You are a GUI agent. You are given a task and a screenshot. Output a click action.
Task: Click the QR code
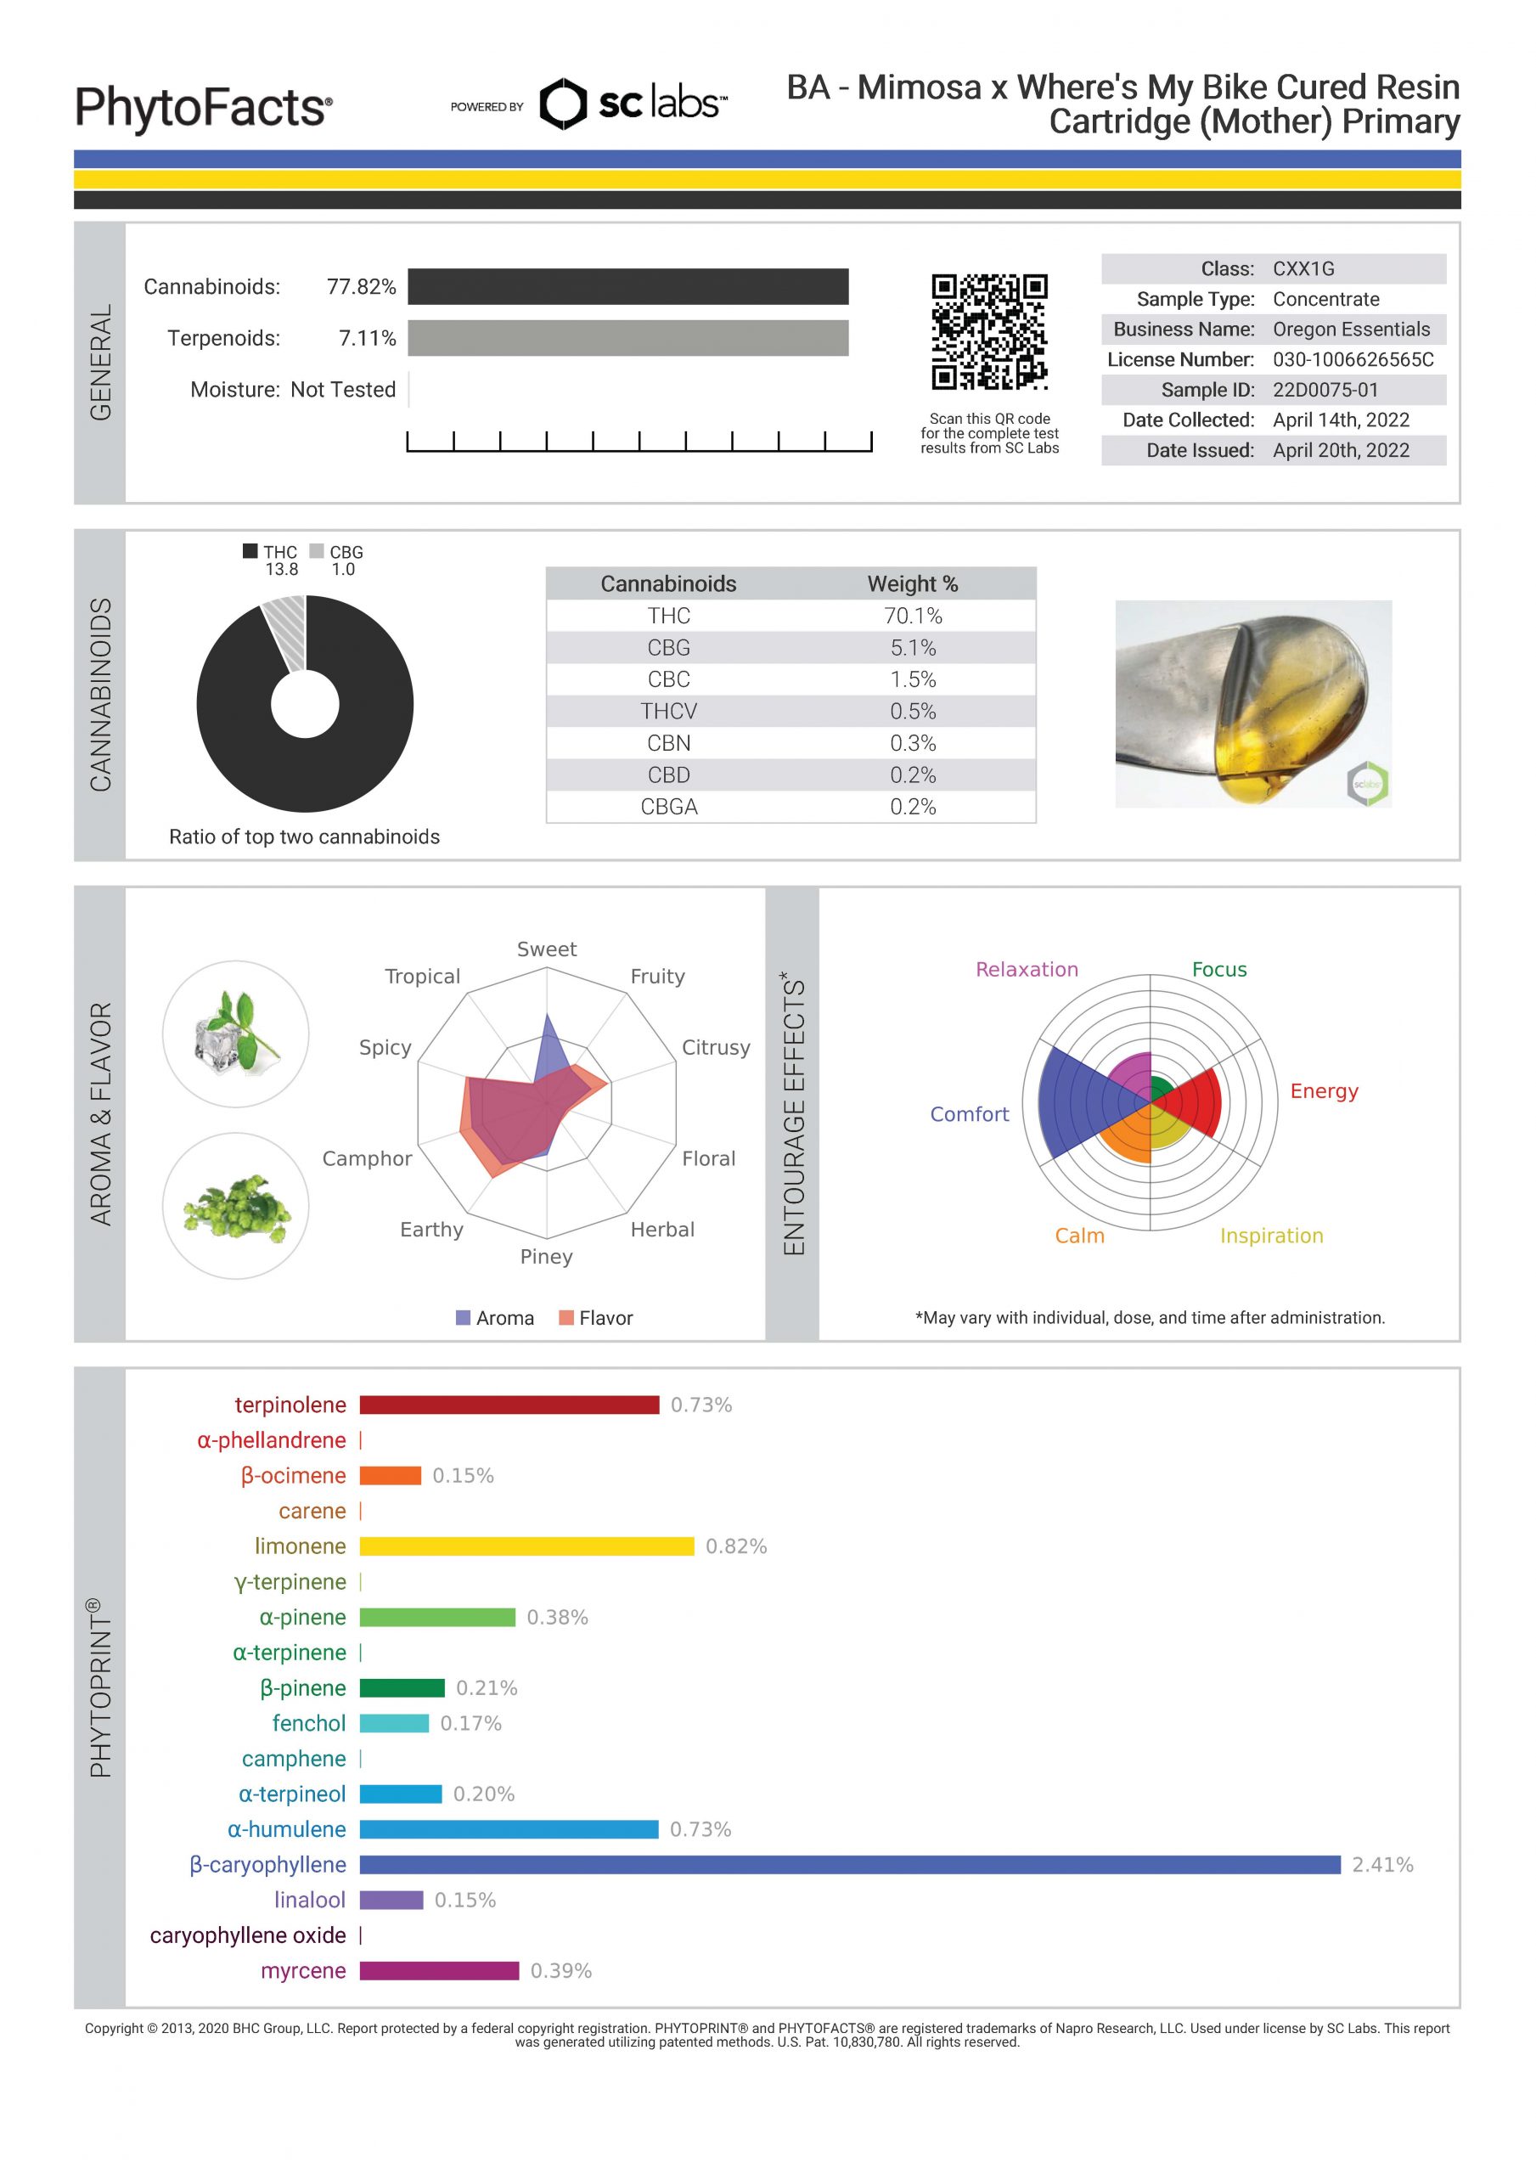tap(988, 331)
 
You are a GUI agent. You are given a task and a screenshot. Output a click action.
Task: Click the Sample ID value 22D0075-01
tap(1325, 389)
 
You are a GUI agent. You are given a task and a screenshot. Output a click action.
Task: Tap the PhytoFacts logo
tap(204, 107)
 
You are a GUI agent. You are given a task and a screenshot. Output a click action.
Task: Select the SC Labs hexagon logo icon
tap(562, 104)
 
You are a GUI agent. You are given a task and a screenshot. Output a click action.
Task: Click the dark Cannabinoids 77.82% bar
tap(627, 287)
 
